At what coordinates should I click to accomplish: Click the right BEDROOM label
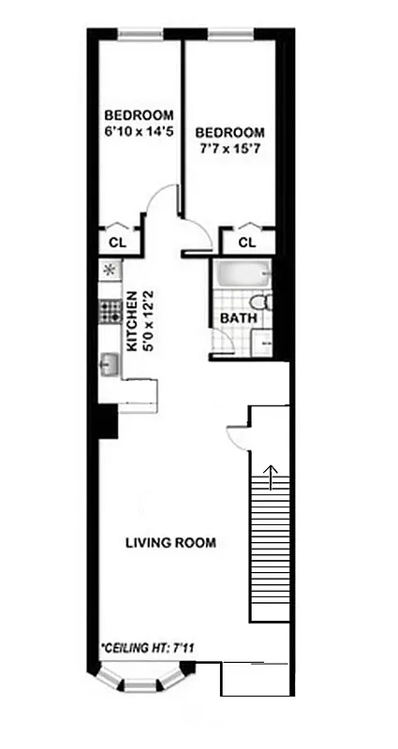point(231,133)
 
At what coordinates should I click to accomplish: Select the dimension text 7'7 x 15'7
point(231,149)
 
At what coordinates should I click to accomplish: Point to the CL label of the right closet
point(246,242)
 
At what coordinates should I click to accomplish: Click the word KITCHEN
point(133,319)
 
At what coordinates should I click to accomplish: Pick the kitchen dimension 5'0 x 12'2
point(147,319)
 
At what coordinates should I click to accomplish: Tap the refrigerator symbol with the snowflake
point(109,271)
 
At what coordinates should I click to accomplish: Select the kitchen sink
point(109,362)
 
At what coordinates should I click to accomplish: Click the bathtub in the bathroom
point(242,277)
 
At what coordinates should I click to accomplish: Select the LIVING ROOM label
point(171,542)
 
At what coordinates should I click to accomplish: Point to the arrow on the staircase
point(273,478)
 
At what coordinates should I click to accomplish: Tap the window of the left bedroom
point(141,37)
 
